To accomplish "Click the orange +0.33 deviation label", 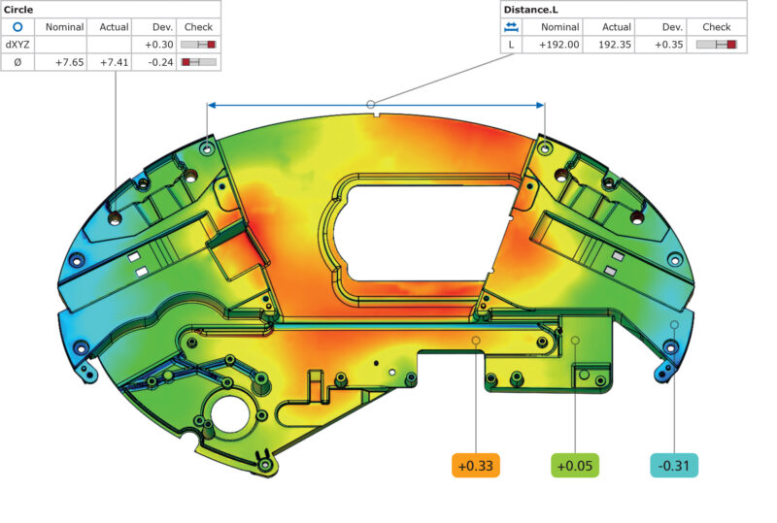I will point(476,466).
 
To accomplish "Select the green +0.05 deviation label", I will point(575,466).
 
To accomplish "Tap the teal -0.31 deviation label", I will point(674,466).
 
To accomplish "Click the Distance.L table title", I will point(530,10).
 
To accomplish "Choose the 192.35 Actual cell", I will point(615,45).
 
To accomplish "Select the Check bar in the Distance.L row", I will point(718,45).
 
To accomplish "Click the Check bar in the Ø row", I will point(198,62).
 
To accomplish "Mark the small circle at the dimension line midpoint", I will point(370,104).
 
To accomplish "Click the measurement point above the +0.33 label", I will point(476,341).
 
